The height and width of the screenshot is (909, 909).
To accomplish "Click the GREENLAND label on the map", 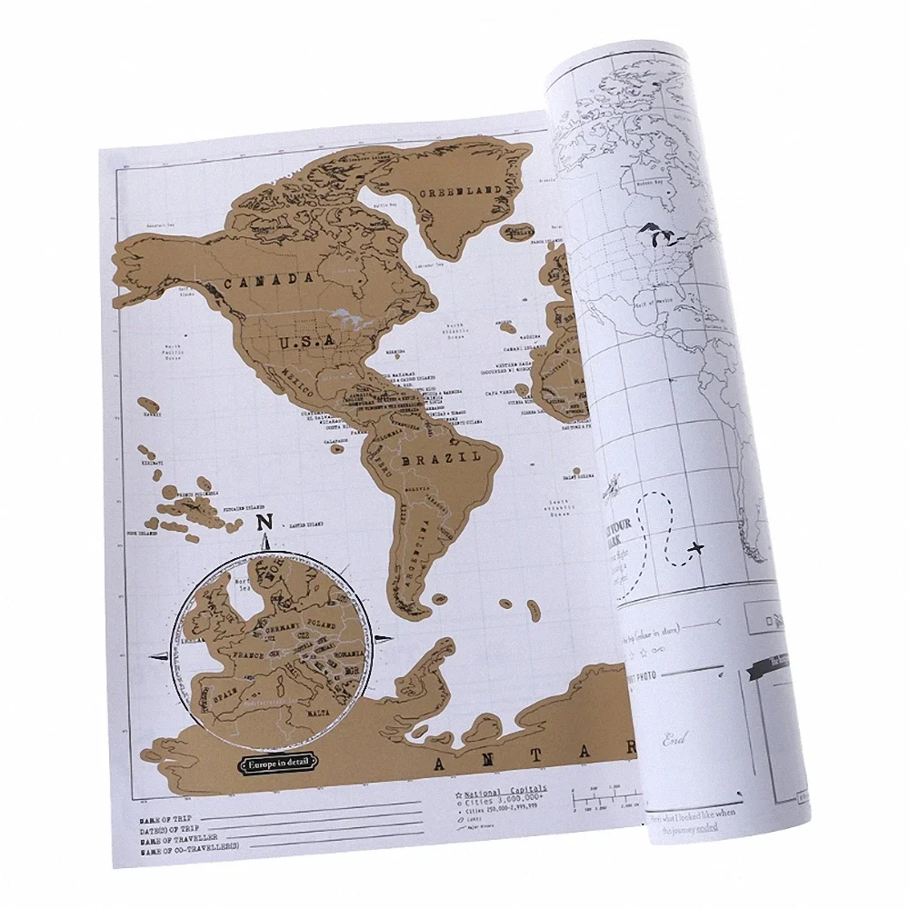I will coord(466,189).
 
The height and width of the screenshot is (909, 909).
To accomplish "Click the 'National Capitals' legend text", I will coord(505,779).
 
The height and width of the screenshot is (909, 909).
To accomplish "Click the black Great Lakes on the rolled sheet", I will coord(661,238).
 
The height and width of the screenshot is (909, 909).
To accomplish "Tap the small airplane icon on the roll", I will coord(696,547).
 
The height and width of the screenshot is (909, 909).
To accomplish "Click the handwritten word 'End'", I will coord(674,738).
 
